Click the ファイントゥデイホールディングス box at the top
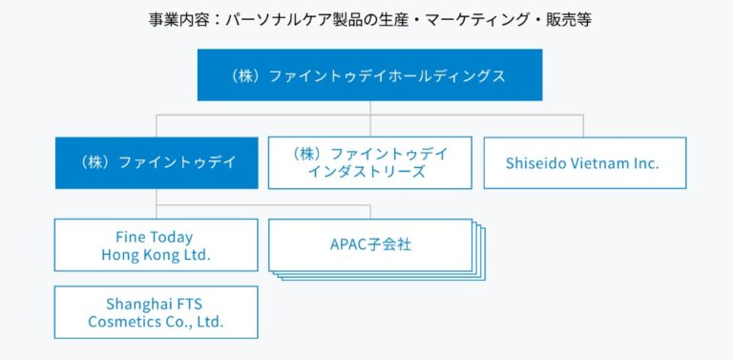(x=369, y=75)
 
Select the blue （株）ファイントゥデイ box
(x=157, y=162)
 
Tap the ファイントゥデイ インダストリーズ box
(x=369, y=162)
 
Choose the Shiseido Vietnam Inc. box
(x=584, y=162)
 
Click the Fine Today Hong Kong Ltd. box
(x=156, y=245)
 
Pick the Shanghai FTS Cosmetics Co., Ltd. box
(x=156, y=312)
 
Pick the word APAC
(x=347, y=245)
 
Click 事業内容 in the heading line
(x=172, y=19)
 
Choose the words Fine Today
(x=156, y=237)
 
